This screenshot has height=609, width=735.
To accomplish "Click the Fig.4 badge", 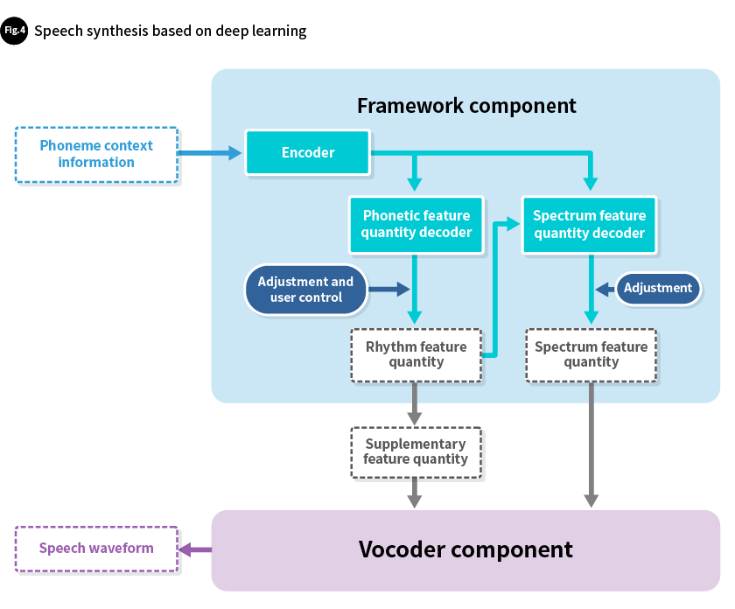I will click(15, 31).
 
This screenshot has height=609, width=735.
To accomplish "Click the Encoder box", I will click(308, 153).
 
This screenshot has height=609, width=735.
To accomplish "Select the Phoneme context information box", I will click(96, 154).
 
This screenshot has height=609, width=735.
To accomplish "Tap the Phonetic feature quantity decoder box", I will click(416, 224).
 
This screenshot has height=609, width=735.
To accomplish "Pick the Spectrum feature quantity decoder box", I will click(589, 224).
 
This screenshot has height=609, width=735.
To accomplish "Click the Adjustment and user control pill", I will click(305, 289).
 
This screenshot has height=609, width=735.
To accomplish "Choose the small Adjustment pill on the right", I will click(658, 288).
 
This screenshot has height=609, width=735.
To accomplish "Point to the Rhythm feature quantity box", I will click(416, 354).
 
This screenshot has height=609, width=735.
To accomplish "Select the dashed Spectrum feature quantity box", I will click(591, 354).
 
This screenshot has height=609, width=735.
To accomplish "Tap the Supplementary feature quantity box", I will click(416, 451).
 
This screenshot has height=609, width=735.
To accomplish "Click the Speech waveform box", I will click(96, 549).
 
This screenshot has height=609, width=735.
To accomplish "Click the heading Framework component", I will click(466, 106).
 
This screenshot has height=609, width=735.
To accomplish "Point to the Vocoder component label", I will click(465, 549).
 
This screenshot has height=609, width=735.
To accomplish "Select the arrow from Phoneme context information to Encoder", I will click(210, 153).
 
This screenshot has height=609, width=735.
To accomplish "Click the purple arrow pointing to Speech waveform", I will click(195, 549).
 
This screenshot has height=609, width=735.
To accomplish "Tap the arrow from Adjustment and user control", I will click(388, 288).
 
